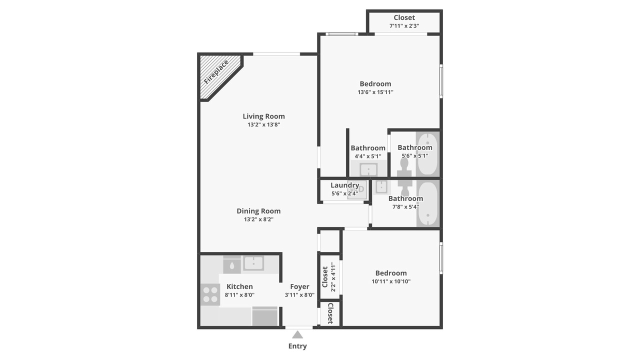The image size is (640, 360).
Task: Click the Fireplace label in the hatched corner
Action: tap(216, 72)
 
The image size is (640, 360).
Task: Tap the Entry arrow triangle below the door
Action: tap(297, 334)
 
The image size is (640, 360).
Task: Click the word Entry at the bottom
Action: tap(297, 346)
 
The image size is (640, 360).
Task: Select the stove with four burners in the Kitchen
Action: tap(210, 294)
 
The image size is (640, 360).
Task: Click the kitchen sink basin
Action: tap(253, 263)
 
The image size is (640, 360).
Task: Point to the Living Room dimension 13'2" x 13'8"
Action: tap(263, 124)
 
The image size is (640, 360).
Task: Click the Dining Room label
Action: tap(258, 211)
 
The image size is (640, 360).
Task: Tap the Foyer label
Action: tap(299, 286)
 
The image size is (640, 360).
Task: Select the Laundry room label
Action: tap(345, 185)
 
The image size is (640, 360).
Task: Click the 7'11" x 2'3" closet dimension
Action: tap(404, 25)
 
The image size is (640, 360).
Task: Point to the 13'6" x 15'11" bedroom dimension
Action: tap(375, 92)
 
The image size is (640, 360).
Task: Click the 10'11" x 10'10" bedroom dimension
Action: tap(391, 281)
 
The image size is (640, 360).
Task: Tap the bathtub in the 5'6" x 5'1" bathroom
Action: tap(427, 153)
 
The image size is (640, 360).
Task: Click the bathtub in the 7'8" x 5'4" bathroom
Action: tap(428, 204)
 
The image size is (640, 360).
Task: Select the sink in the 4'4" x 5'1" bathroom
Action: tap(368, 169)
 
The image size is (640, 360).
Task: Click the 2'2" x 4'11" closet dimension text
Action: tap(333, 277)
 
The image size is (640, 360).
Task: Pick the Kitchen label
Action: tap(239, 286)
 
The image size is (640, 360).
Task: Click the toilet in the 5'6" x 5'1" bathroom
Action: tap(404, 167)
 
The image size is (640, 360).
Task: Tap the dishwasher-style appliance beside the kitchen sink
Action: tap(231, 265)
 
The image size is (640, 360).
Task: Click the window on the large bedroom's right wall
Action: tap(441, 81)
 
